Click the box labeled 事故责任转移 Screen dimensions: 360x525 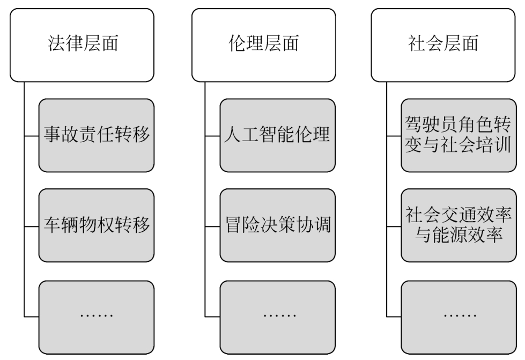click(97, 135)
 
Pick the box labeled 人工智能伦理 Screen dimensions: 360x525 click(278, 135)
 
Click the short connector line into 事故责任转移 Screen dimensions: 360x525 click(32, 135)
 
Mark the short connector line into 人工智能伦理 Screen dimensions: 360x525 click(213, 135)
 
